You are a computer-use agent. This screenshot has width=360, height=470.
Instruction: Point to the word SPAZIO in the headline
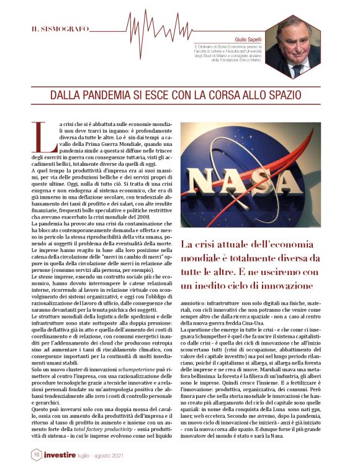click(x=279, y=96)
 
